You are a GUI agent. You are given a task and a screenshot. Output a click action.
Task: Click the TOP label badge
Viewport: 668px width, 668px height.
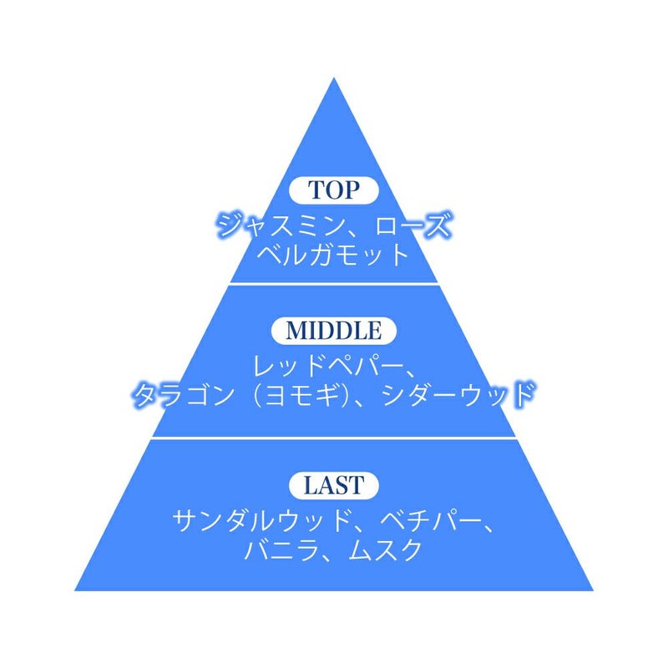pyautogui.click(x=334, y=190)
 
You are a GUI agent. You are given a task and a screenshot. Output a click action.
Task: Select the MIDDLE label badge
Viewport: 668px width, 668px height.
pyautogui.click(x=334, y=331)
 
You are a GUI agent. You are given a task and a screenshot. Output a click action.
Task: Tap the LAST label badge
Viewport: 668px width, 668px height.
pyautogui.click(x=334, y=485)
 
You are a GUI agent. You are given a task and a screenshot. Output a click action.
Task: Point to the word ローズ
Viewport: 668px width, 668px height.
pyautogui.click(x=412, y=225)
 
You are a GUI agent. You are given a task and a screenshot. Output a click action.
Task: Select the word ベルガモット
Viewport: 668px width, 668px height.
pyautogui.click(x=333, y=256)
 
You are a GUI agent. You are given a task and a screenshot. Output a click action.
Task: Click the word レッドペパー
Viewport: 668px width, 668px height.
pyautogui.click(x=328, y=366)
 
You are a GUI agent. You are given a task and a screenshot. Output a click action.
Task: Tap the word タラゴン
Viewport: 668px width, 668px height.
pyautogui.click(x=184, y=394)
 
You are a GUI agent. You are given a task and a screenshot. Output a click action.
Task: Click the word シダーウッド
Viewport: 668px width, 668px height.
pyautogui.click(x=458, y=394)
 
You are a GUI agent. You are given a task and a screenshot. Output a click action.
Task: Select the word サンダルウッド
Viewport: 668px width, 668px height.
pyautogui.click(x=261, y=520)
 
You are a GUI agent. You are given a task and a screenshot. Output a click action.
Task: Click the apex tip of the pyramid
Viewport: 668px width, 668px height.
pyautogui.click(x=334, y=78)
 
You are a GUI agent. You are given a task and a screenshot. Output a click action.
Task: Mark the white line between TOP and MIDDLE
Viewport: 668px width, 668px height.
pyautogui.click(x=334, y=283)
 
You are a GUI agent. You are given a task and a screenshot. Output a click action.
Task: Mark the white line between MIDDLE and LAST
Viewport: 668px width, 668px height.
pyautogui.click(x=334, y=438)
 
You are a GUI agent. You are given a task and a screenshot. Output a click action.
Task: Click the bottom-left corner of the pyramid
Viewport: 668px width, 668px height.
pyautogui.click(x=75, y=590)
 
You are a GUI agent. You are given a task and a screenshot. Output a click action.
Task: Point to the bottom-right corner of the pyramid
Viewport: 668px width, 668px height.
pyautogui.click(x=593, y=590)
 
